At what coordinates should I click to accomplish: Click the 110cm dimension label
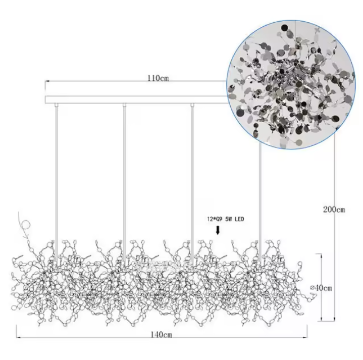159,78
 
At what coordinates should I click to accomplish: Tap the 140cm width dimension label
162,335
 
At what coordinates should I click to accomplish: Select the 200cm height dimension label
334,210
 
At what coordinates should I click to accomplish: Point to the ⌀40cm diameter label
321,288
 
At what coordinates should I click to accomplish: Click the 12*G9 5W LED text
226,219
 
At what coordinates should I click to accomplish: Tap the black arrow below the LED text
218,230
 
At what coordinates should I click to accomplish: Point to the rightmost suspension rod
260,201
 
